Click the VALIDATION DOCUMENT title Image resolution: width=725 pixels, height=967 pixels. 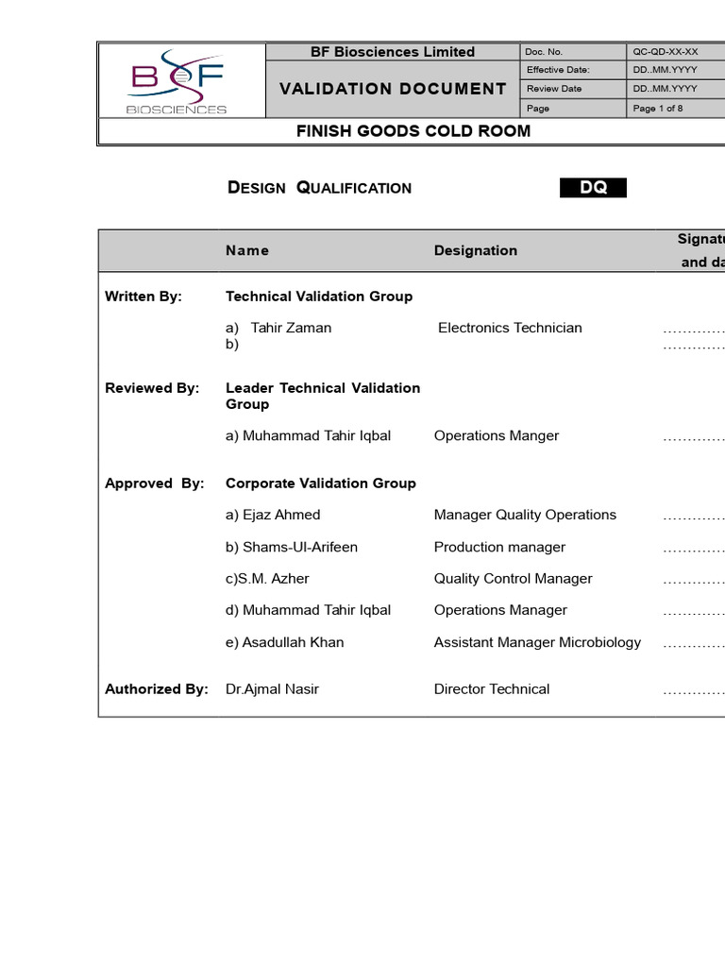[x=393, y=89]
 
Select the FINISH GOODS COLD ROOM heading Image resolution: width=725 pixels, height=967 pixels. [x=413, y=131]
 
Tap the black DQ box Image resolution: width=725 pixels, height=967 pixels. [x=593, y=188]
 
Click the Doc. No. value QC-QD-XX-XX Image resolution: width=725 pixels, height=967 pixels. [x=665, y=52]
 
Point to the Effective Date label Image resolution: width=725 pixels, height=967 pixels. [x=558, y=70]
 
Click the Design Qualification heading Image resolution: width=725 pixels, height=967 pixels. [x=319, y=188]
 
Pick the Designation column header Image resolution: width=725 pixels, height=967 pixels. [x=476, y=250]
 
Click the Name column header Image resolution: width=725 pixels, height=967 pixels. [x=247, y=250]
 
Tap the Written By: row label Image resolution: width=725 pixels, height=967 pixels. [x=143, y=297]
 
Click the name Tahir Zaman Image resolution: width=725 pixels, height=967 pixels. [x=291, y=328]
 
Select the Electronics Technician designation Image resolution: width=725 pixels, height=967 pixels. [x=510, y=328]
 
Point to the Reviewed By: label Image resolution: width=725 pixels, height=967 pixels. [x=152, y=388]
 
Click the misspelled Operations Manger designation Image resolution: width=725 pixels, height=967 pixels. [x=497, y=435]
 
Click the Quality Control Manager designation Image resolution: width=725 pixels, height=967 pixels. [x=514, y=578]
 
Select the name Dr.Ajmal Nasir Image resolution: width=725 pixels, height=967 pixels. [x=272, y=689]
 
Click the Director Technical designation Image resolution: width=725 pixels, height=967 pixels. [x=492, y=689]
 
